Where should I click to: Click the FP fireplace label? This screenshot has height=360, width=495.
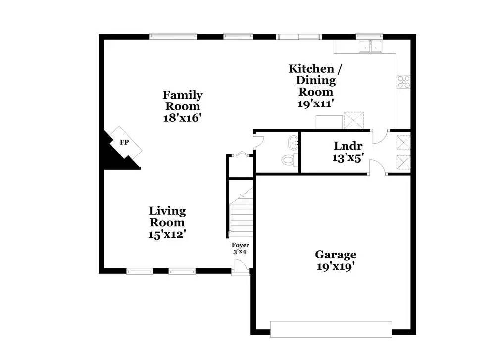point(124,142)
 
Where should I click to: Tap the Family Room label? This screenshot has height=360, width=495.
point(183,100)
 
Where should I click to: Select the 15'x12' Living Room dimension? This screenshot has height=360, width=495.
point(167,234)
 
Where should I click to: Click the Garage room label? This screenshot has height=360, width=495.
point(336,255)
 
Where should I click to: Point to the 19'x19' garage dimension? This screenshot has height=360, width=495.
point(336,267)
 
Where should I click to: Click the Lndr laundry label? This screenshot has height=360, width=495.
point(348,146)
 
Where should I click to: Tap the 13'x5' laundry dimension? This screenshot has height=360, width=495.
point(348,157)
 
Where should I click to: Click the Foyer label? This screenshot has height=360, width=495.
point(240,245)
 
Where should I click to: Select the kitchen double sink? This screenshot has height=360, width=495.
point(370,46)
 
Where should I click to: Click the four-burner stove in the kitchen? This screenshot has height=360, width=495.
point(403,82)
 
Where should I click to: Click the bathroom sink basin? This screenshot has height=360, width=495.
point(294,143)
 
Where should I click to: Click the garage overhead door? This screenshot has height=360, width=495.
point(331,329)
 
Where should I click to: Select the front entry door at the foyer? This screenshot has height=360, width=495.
point(240,267)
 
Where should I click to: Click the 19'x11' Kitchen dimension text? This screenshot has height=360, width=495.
point(316,103)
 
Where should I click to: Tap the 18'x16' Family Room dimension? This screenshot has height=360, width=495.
point(183,118)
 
